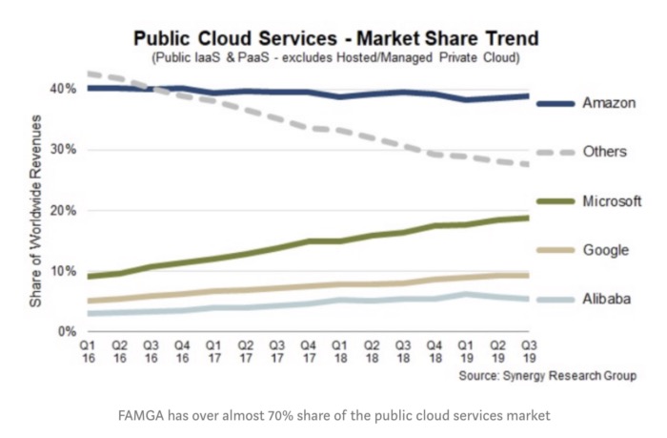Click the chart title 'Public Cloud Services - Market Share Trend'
[334, 39]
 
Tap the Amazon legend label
[607, 102]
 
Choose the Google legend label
[604, 250]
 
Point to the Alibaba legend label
[605, 299]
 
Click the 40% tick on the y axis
[64, 89]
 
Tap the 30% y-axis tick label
[64, 150]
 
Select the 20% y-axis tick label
[64, 211]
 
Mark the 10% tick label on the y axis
[64, 271]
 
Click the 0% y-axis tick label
[67, 332]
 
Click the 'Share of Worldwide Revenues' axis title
[35, 210]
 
